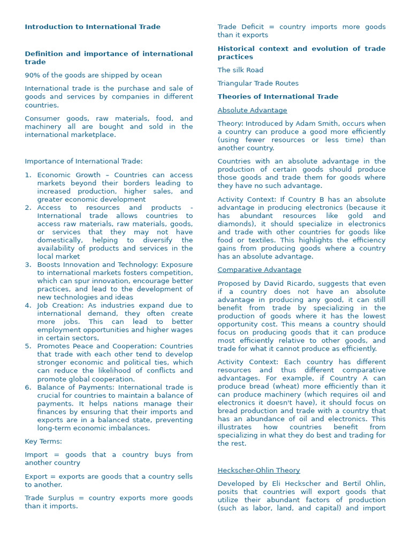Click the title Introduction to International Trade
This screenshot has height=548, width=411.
[x=92, y=27]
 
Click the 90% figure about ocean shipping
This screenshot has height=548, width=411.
[x=33, y=75]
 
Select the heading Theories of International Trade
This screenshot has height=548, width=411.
[x=278, y=97]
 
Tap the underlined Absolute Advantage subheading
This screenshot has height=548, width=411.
[x=252, y=110]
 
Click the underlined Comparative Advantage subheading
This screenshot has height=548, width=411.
[x=259, y=270]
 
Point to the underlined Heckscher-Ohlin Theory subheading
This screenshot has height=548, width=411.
[x=258, y=470]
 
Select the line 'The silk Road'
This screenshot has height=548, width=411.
[x=240, y=70]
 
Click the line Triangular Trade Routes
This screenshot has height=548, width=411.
[x=258, y=83]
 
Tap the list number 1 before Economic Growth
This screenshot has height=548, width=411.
[x=28, y=175]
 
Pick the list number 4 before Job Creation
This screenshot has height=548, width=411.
[x=28, y=306]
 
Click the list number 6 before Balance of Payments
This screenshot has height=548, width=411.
[x=28, y=387]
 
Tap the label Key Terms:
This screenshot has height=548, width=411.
[x=43, y=442]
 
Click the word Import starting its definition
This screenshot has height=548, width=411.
[x=36, y=454]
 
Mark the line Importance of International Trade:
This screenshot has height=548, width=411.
[x=83, y=161]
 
